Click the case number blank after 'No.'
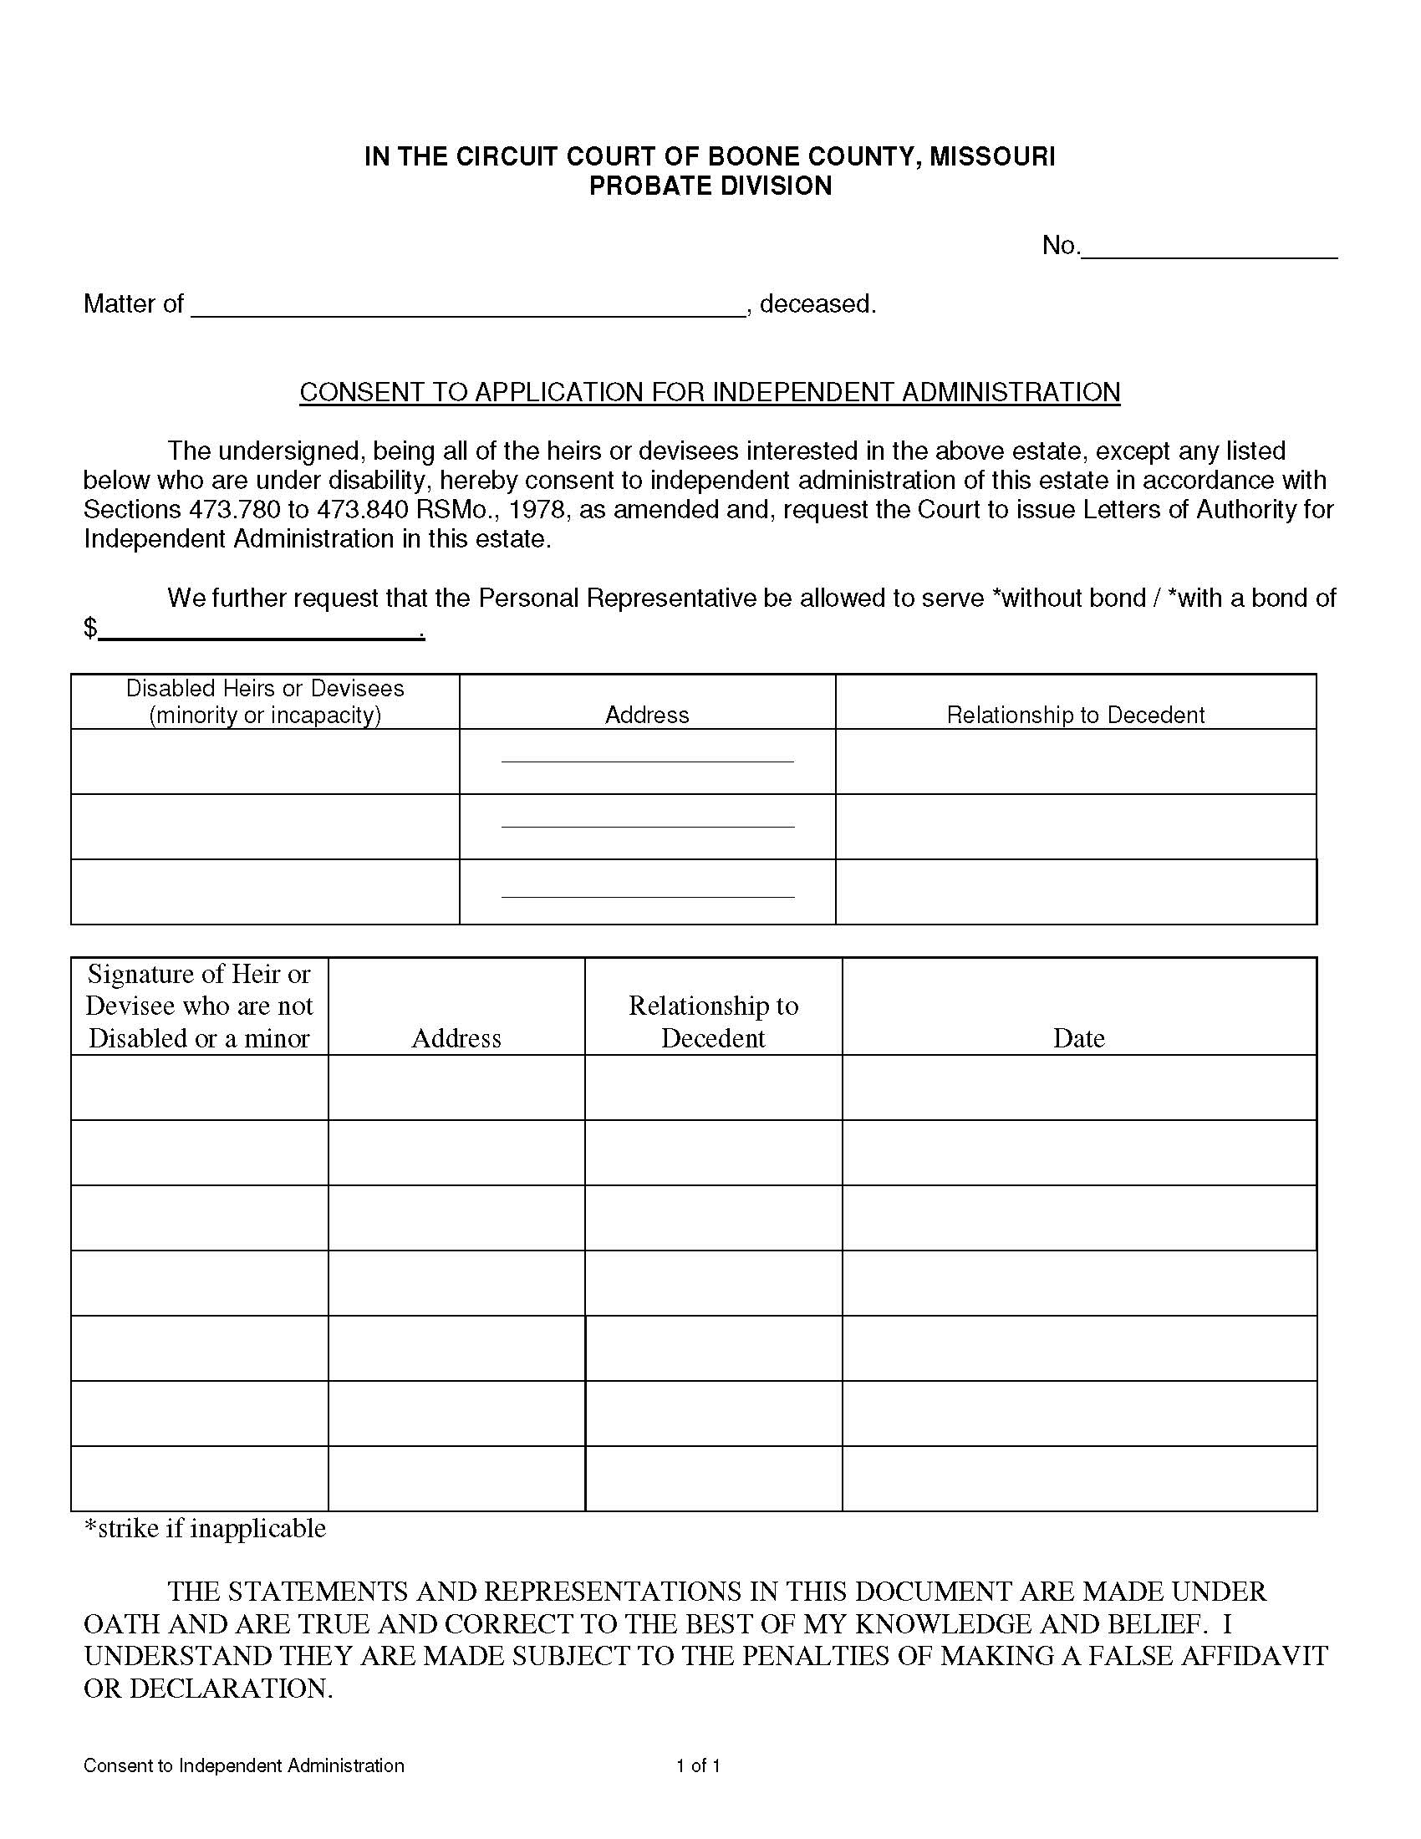pos(1209,248)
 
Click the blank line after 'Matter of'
pos(468,306)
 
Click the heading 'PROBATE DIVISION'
pos(710,186)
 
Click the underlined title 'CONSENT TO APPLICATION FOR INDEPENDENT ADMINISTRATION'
pos(710,392)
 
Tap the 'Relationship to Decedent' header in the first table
pos(1075,715)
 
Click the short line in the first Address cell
pos(646,762)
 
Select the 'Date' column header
pos(1078,1037)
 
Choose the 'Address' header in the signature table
pos(456,1037)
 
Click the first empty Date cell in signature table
pos(1078,1087)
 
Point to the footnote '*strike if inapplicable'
pos(205,1527)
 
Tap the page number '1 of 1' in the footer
pos(698,1765)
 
